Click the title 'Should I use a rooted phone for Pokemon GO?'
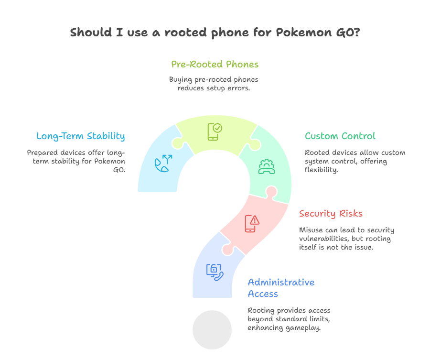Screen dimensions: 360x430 click(x=215, y=33)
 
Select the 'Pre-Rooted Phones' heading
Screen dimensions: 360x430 click(x=215, y=64)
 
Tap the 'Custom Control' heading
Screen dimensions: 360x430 click(x=340, y=136)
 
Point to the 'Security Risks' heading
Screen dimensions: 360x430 click(x=331, y=213)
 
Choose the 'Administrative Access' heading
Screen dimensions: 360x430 click(x=281, y=287)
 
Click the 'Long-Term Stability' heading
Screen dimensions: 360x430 click(x=80, y=136)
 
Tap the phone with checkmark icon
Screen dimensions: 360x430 click(x=214, y=131)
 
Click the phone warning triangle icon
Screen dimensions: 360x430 click(x=252, y=223)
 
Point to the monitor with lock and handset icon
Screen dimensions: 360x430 click(x=214, y=271)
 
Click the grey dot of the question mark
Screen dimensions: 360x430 click(x=212, y=330)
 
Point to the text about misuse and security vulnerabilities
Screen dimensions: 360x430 click(x=346, y=238)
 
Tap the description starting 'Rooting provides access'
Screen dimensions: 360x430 click(x=289, y=319)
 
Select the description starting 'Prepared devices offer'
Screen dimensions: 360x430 click(x=76, y=161)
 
